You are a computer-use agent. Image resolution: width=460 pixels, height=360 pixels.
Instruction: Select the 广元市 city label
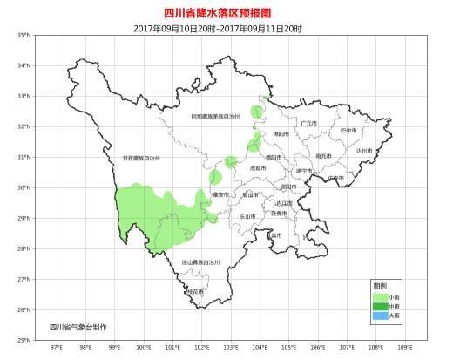point(307,123)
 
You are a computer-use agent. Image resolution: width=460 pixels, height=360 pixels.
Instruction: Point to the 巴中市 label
point(348,130)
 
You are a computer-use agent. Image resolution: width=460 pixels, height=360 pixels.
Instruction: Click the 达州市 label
point(363,151)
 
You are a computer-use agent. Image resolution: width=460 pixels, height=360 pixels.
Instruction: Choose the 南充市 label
point(323,156)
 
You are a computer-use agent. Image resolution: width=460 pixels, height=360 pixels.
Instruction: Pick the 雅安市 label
point(220,194)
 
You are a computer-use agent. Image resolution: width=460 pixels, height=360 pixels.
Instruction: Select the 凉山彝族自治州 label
point(201,262)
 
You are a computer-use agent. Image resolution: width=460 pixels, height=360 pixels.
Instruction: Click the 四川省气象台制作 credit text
point(78,327)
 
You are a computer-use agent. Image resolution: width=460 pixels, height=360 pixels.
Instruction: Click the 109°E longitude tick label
point(404,347)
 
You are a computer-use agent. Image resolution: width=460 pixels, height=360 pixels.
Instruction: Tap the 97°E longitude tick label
point(57,347)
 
